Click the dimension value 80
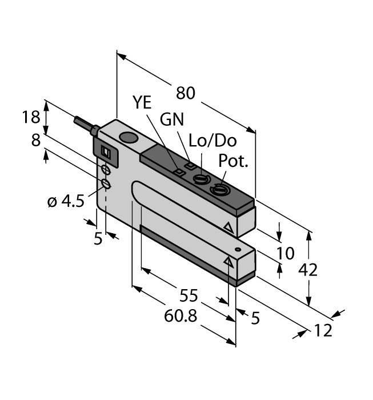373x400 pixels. click(x=186, y=92)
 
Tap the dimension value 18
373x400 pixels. click(x=30, y=117)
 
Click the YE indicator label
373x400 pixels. click(x=143, y=102)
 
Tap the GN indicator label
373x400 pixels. click(x=173, y=119)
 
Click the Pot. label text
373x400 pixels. click(x=235, y=162)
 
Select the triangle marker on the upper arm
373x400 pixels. click(x=229, y=228)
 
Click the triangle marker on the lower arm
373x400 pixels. click(x=229, y=261)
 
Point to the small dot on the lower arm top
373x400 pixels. click(x=238, y=250)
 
